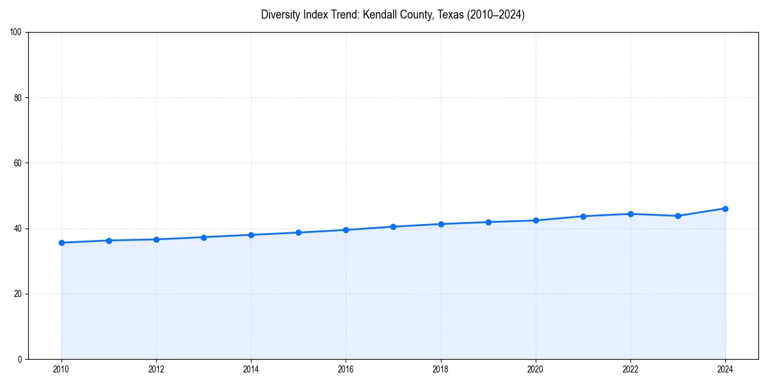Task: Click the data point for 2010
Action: click(61, 243)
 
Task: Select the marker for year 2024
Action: click(725, 209)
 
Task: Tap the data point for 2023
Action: click(678, 216)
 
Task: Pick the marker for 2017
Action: click(393, 227)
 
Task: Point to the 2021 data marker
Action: click(583, 216)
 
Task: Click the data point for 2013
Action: click(204, 237)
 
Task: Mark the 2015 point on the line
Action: click(298, 232)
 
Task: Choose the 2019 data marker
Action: click(488, 222)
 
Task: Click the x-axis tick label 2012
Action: click(156, 369)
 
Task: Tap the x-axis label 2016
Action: click(346, 369)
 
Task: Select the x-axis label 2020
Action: click(536, 369)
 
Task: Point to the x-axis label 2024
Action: click(725, 369)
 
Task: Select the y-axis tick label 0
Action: click(20, 359)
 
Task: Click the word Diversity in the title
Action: click(279, 15)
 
